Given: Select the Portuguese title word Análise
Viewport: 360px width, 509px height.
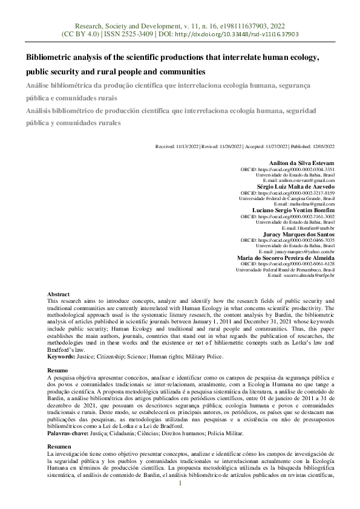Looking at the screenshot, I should (x=39, y=86).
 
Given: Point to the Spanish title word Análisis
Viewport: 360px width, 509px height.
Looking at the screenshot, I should (x=40, y=111).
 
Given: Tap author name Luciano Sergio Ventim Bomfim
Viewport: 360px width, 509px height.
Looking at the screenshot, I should (x=296, y=210).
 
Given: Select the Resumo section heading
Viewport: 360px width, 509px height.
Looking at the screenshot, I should (x=57, y=369).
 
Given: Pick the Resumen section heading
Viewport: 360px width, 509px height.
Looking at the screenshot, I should (x=59, y=446).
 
